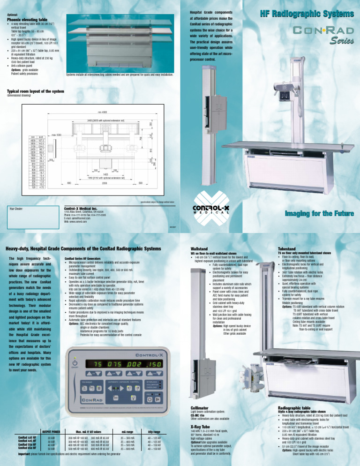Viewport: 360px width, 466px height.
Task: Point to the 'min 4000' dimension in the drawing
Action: (x=104, y=112)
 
